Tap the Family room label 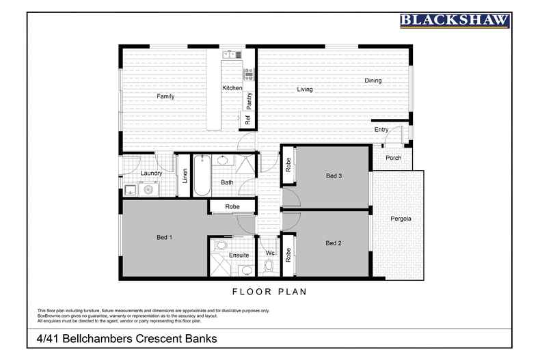[x=165, y=97]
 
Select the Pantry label [x=249, y=100]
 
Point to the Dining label [x=373, y=81]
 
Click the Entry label [x=381, y=130]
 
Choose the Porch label [x=393, y=158]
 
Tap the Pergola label [x=401, y=219]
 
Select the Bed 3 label [x=334, y=176]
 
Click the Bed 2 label [x=334, y=243]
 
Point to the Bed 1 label [x=164, y=237]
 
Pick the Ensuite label [x=239, y=255]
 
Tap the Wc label [x=270, y=253]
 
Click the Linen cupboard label [x=185, y=175]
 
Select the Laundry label [x=151, y=174]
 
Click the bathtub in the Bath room [x=201, y=176]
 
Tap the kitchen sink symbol [x=230, y=54]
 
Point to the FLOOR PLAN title [x=269, y=292]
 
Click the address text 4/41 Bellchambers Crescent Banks [x=126, y=338]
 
